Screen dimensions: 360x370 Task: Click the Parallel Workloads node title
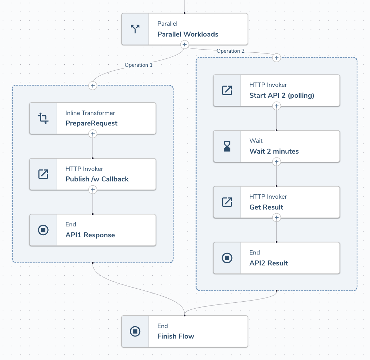(187, 34)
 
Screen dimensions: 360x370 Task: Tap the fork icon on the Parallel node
(135, 29)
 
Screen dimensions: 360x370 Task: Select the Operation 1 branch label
(139, 65)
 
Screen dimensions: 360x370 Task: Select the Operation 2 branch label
(230, 51)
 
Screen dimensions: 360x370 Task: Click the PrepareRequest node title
(91, 123)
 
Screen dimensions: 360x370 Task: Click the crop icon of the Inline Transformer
(43, 118)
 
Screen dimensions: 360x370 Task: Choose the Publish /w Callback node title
(97, 179)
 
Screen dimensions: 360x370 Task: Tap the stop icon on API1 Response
(43, 230)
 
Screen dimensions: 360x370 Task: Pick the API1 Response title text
(90, 235)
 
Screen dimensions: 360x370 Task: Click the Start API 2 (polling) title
(281, 95)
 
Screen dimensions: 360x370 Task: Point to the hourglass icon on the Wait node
(227, 146)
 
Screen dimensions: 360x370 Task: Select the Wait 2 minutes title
(274, 151)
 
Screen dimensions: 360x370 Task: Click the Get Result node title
(266, 207)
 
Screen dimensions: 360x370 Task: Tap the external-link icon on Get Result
(227, 202)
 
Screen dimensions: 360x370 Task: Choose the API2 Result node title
(268, 263)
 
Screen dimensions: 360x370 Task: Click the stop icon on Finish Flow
(135, 331)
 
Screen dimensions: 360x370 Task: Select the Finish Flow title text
(176, 336)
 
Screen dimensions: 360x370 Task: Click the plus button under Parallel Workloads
(184, 45)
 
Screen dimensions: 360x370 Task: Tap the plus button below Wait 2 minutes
(276, 162)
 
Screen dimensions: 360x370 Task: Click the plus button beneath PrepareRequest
(92, 134)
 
